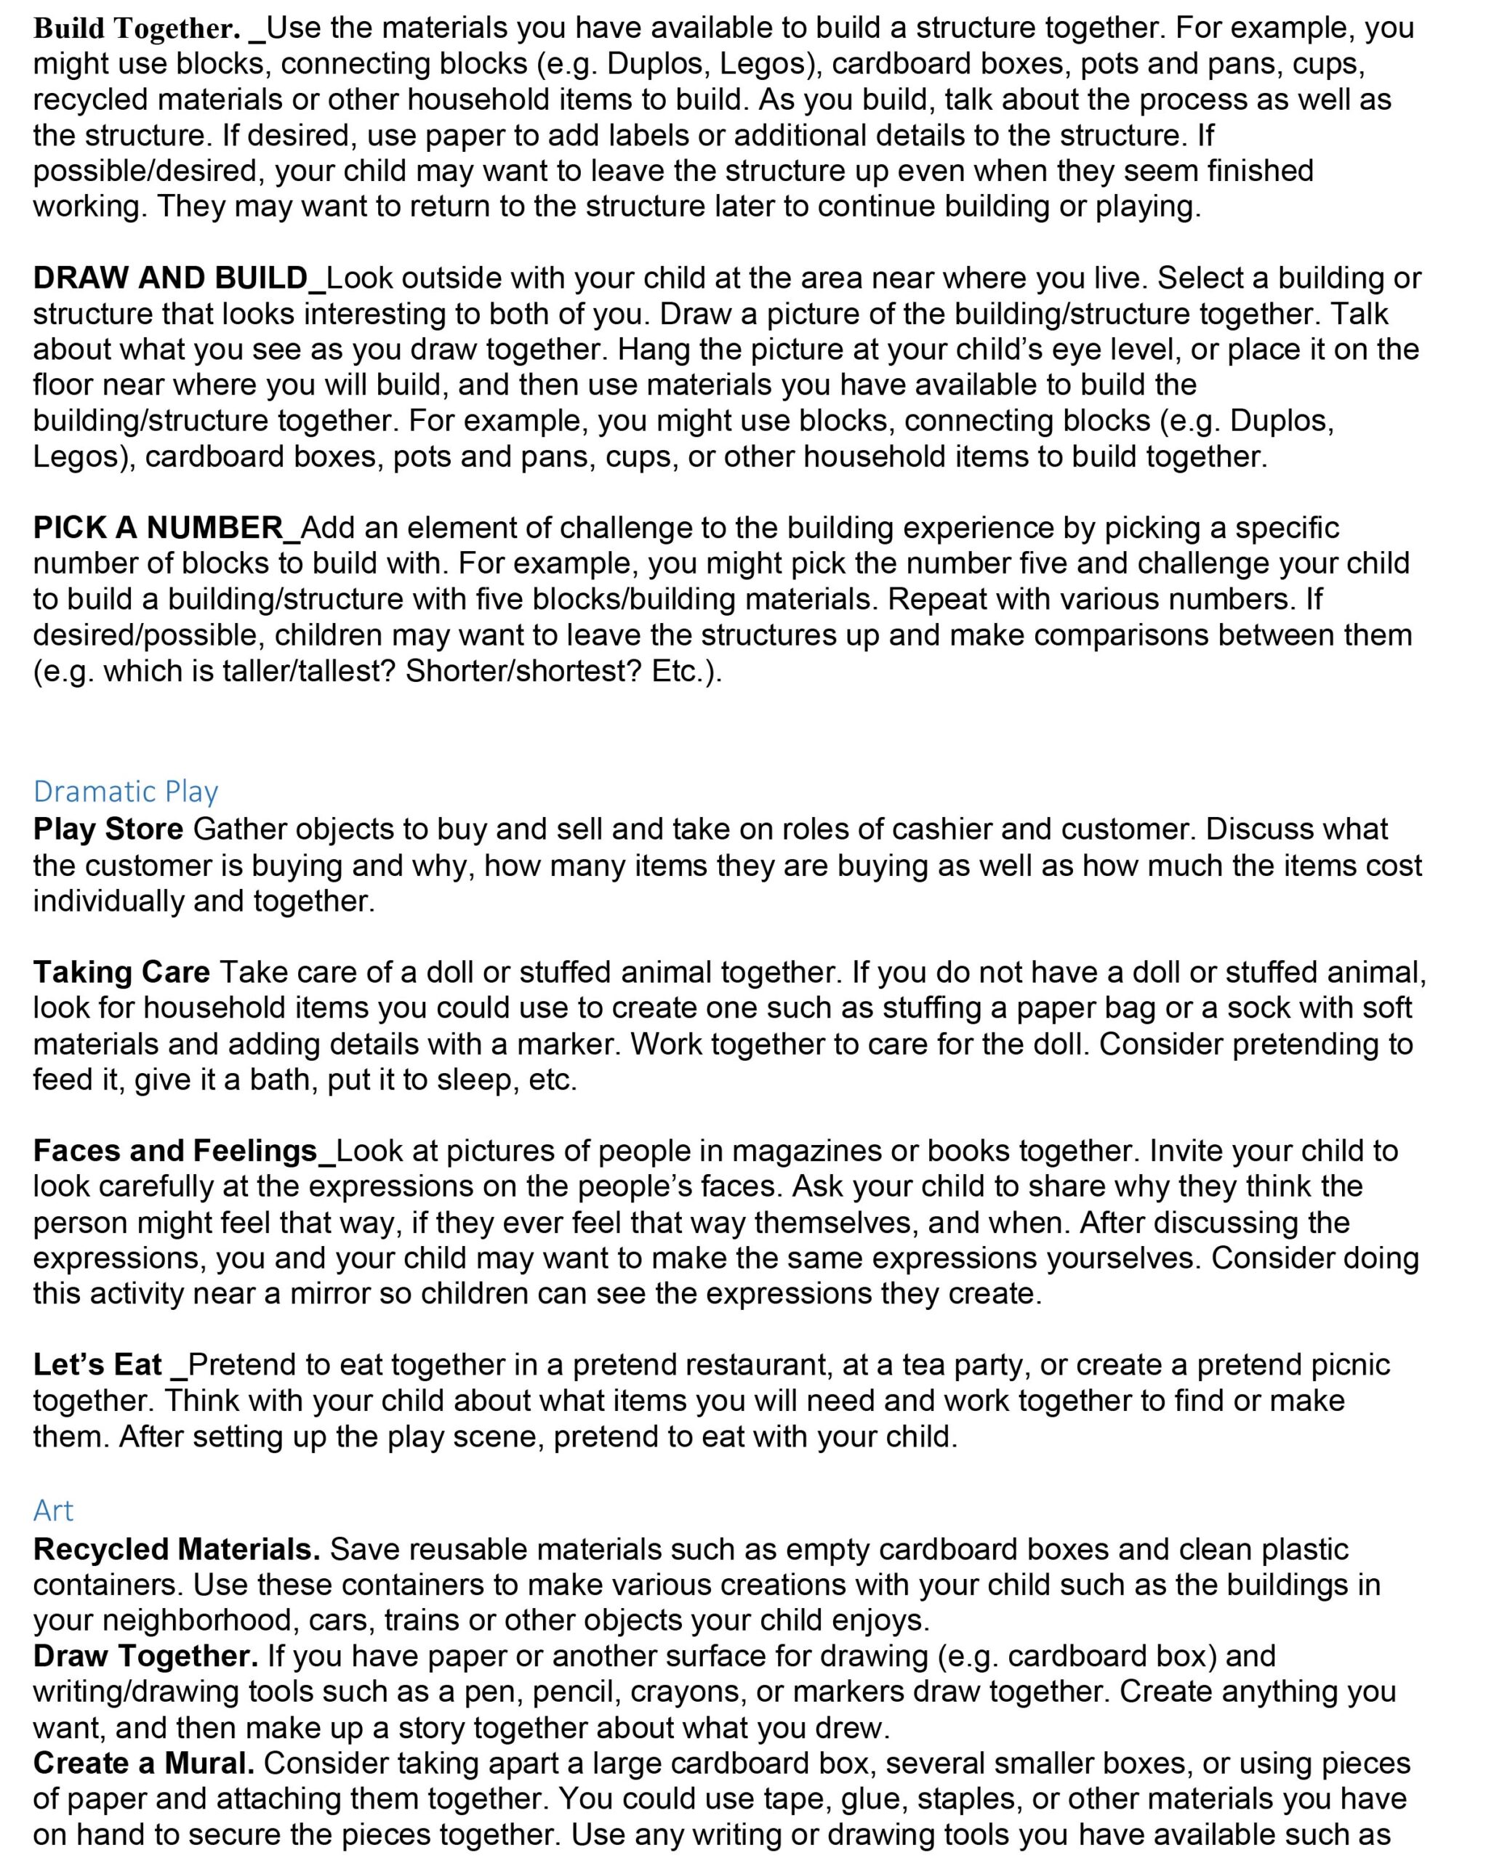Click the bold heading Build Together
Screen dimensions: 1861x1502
coord(137,28)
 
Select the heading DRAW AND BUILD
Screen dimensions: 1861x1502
coord(170,278)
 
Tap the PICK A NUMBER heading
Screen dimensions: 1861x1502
coord(158,527)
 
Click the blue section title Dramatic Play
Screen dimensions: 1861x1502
coord(126,791)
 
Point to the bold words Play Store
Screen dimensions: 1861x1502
coord(108,829)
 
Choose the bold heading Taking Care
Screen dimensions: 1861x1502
coord(121,972)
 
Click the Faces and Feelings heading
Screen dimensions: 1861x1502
coord(176,1150)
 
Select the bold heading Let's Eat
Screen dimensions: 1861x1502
coord(97,1364)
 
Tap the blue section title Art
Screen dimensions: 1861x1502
coord(53,1510)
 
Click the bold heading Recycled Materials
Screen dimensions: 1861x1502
coord(177,1548)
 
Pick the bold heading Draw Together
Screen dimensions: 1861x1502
coord(145,1656)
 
